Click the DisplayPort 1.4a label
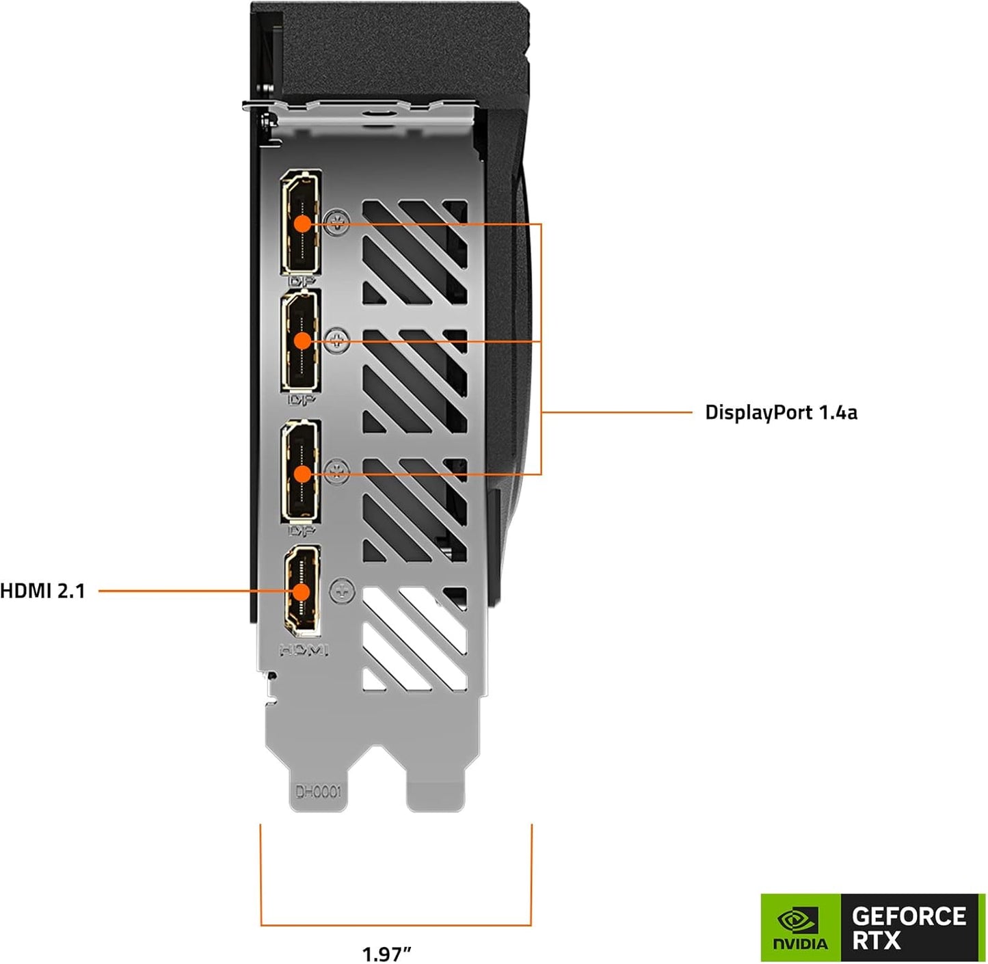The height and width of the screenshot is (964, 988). tap(780, 412)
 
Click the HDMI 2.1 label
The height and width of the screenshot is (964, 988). tap(43, 591)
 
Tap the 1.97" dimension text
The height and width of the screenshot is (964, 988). tap(386, 952)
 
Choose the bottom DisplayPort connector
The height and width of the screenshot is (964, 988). tap(302, 472)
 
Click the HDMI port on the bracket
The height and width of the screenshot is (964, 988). tap(302, 591)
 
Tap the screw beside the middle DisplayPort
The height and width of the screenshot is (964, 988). tap(338, 339)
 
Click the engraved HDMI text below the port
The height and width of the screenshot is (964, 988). tap(304, 650)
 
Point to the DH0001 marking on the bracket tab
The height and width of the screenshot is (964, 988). tap(318, 792)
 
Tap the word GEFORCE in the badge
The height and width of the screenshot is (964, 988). tap(909, 915)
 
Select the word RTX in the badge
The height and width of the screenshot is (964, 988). tap(876, 941)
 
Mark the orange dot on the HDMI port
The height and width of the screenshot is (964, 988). tap(302, 591)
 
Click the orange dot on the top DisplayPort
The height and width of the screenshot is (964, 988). tap(302, 223)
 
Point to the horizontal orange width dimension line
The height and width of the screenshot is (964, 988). tap(396, 925)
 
